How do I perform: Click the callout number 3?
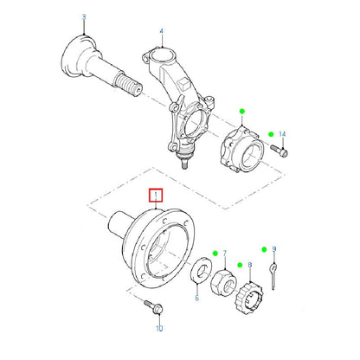84,17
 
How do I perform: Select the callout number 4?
162,31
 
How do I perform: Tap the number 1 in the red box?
156,195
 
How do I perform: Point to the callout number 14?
282,134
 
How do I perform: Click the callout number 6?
197,298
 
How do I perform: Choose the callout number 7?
225,254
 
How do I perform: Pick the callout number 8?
250,265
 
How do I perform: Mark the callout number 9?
274,249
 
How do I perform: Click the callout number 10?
159,328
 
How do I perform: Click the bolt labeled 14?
279,151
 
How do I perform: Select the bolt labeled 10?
153,307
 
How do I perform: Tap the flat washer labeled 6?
202,269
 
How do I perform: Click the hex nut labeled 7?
223,281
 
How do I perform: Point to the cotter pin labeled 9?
273,275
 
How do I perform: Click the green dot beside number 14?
271,134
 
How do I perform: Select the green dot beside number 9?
264,249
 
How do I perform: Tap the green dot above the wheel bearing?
242,111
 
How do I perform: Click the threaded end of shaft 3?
127,84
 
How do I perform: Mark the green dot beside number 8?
240,265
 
